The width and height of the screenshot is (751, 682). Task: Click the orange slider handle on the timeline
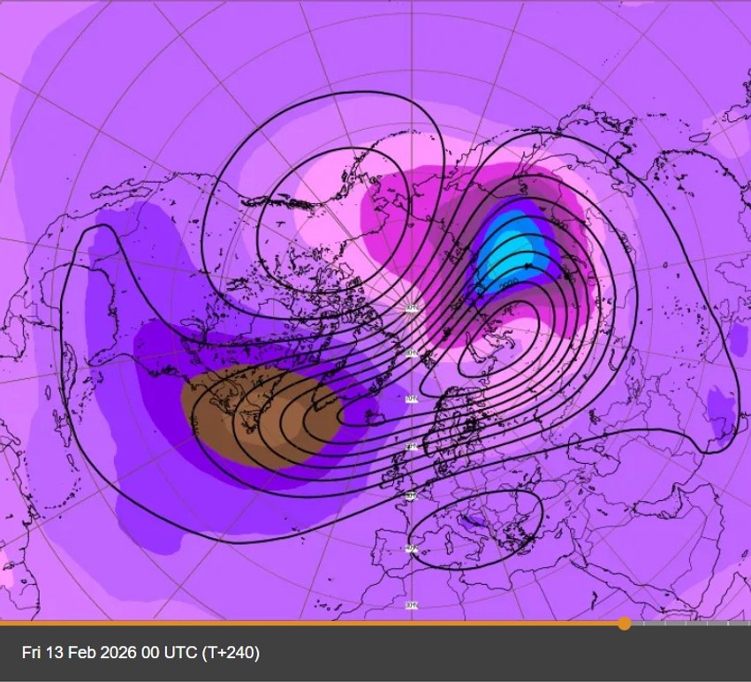pyautogui.click(x=625, y=624)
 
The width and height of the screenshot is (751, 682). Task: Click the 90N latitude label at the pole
pyautogui.click(x=411, y=307)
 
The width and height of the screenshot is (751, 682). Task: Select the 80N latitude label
pyautogui.click(x=411, y=353)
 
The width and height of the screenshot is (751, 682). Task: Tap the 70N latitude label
pyautogui.click(x=411, y=399)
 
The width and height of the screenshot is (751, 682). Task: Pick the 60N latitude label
pyautogui.click(x=411, y=447)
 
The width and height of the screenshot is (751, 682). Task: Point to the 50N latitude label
pyautogui.click(x=411, y=496)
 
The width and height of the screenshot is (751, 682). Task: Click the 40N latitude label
pyautogui.click(x=411, y=549)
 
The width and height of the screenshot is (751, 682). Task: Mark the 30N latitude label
pyautogui.click(x=411, y=605)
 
